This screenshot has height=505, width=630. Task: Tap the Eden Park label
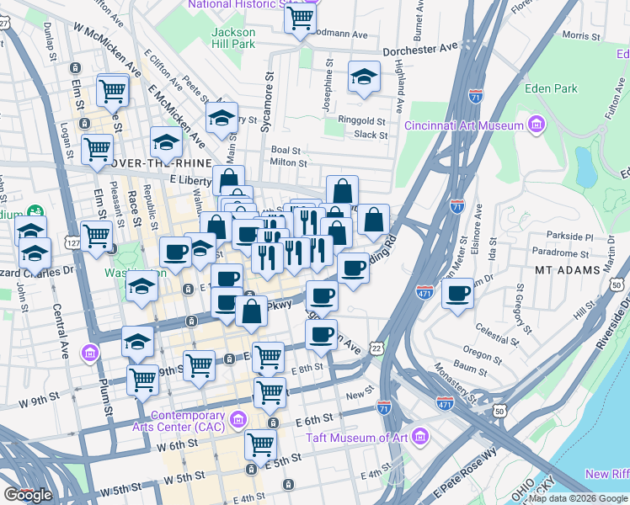tap(550, 88)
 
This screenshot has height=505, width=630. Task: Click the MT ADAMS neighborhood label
tap(567, 270)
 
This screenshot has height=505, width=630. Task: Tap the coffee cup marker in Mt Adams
tap(457, 293)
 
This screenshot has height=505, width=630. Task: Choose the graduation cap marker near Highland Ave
tap(364, 77)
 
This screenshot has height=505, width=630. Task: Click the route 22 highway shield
tap(376, 348)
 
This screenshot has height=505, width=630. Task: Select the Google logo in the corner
tap(28, 495)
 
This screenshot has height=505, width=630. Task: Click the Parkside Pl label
tap(570, 237)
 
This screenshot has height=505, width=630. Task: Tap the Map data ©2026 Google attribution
tap(577, 498)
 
